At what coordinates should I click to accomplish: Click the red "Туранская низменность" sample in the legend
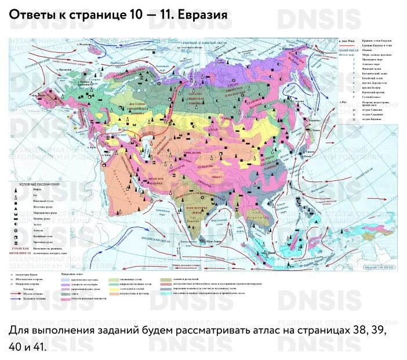(20, 250)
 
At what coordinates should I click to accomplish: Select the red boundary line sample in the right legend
(344, 46)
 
